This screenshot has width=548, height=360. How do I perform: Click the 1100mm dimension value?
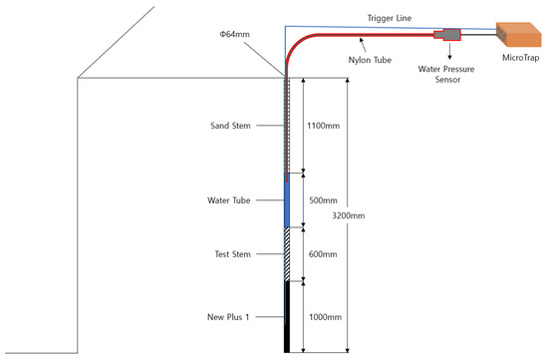pyautogui.click(x=321, y=127)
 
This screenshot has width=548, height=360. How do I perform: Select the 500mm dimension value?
pyautogui.click(x=321, y=199)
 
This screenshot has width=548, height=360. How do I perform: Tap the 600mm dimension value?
pyautogui.click(x=321, y=254)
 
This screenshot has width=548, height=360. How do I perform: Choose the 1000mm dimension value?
pyautogui.click(x=322, y=316)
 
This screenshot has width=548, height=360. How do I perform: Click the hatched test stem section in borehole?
pyautogui.click(x=287, y=253)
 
